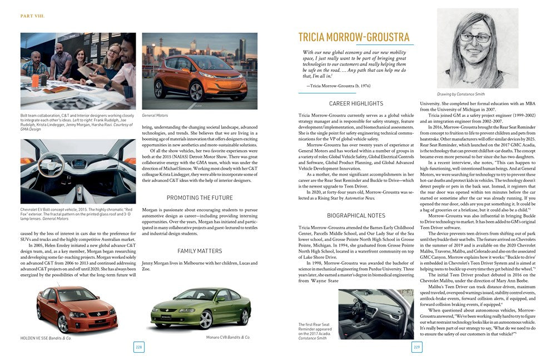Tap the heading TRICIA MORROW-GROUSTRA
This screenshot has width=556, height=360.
[x=354, y=37]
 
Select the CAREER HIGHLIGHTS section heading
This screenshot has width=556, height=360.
[x=356, y=103]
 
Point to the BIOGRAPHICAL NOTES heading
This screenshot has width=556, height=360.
[x=356, y=215]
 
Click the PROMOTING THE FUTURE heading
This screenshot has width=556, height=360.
[x=200, y=198]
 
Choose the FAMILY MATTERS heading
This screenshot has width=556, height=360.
[x=200, y=251]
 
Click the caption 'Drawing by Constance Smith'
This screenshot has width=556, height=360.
[x=461, y=94]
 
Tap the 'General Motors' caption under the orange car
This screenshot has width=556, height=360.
[x=155, y=115]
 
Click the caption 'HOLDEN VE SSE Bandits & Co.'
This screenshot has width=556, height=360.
[x=45, y=337]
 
